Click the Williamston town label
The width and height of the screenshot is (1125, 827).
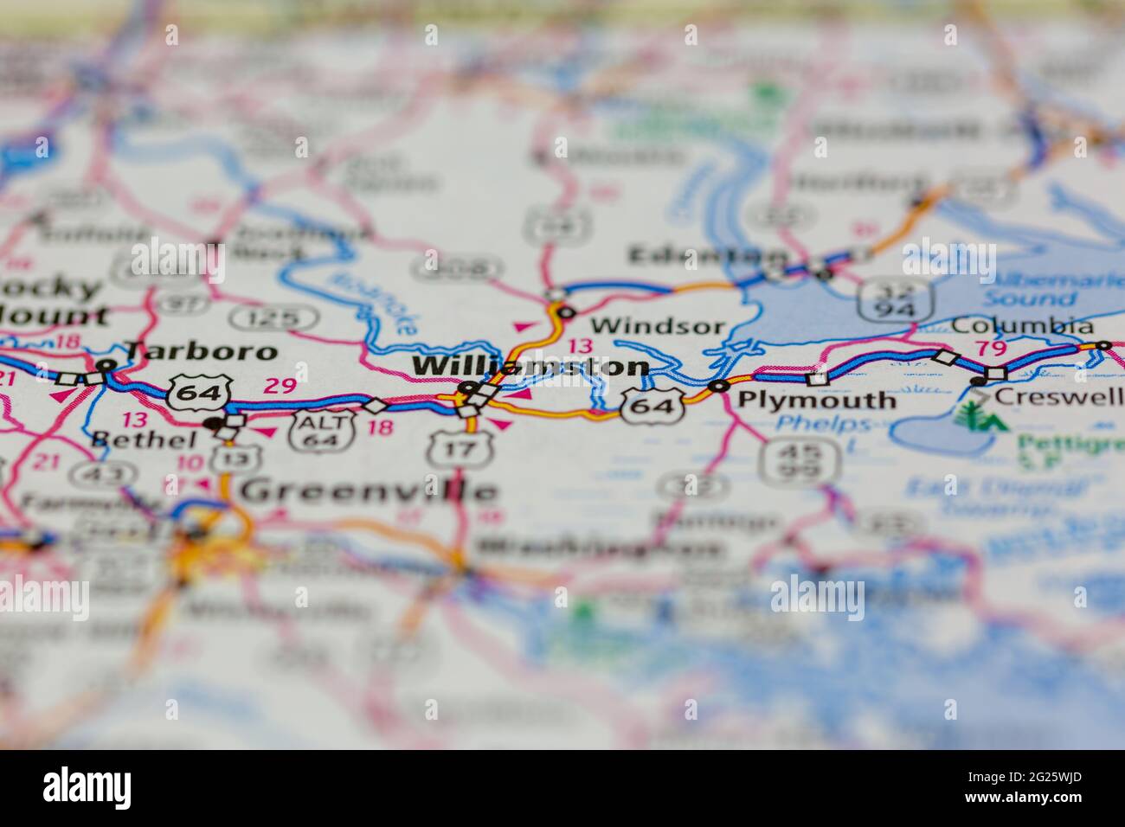coord(530,366)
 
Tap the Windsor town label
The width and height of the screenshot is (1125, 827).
coord(658,325)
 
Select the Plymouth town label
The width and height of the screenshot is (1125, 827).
coord(816,400)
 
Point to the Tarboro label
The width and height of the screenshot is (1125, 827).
coord(201,350)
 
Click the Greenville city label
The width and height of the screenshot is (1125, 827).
coord(369,490)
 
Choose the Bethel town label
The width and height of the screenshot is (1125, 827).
coord(144,439)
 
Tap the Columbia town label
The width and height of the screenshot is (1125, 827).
coord(1022,326)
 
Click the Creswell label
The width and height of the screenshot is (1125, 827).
coord(1058,396)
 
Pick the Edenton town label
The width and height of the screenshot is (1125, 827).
coord(708,255)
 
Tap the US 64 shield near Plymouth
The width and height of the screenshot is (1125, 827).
coord(652,405)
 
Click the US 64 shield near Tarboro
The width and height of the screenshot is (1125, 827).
coord(199,393)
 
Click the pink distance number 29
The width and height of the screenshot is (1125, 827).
coord(280,386)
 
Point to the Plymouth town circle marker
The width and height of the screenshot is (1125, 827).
coord(718,386)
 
